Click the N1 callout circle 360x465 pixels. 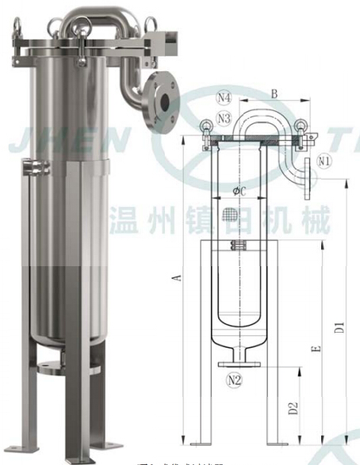323,161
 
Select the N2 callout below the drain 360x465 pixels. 232,379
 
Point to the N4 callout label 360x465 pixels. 203,98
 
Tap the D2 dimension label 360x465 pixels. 293,408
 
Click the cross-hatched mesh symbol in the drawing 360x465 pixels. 231,214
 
